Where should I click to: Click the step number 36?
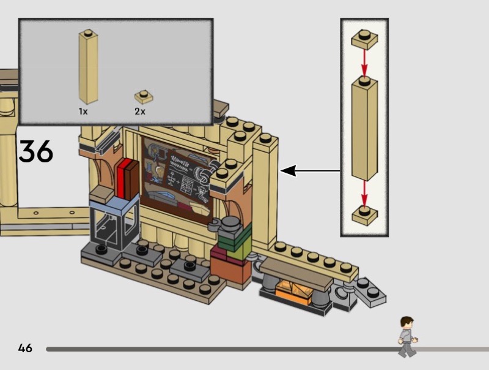[36, 152]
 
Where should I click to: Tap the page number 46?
[25, 349]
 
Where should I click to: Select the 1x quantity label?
[83, 111]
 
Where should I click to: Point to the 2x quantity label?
[140, 111]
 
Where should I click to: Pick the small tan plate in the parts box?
[144, 96]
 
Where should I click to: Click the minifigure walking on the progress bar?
[406, 336]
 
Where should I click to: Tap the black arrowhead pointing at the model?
[288, 171]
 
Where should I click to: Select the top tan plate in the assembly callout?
[364, 39]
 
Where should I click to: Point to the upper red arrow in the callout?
[364, 62]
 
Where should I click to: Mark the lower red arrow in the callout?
[364, 194]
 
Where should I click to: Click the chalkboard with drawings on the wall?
[177, 175]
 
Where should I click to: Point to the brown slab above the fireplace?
[296, 266]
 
